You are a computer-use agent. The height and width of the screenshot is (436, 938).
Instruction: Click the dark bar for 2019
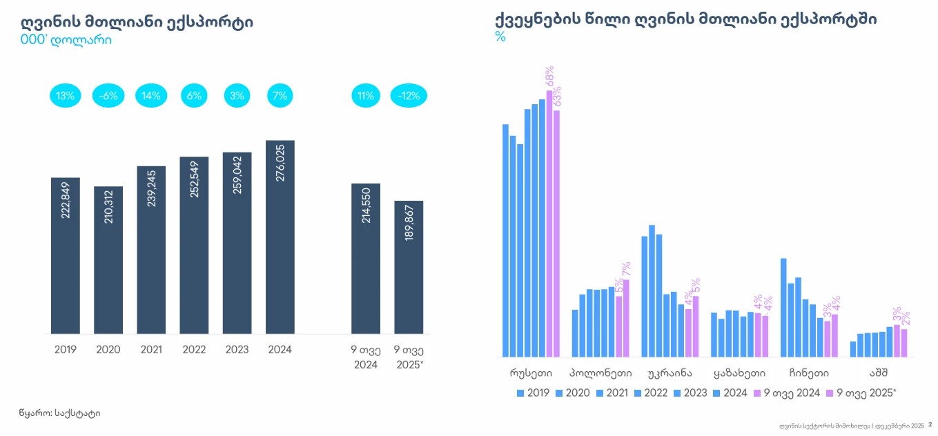coord(66,255)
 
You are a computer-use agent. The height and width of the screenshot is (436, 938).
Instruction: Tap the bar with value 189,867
coord(409,267)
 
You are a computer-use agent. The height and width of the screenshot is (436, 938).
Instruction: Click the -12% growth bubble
coord(409,96)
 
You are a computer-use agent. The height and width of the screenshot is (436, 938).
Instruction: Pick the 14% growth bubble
coord(151,96)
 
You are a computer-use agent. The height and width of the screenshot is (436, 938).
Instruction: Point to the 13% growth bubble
coord(66,96)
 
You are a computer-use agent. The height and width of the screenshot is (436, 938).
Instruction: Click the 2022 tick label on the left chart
coord(194,350)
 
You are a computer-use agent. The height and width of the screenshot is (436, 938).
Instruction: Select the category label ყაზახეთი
coord(739,373)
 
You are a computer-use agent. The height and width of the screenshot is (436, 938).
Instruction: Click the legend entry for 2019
coord(532,393)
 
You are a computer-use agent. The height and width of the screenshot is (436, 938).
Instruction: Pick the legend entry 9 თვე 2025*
coord(862,393)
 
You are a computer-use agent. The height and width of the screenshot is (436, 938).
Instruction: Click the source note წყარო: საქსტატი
coord(59,413)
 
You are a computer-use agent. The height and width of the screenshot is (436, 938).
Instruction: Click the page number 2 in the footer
coord(930,425)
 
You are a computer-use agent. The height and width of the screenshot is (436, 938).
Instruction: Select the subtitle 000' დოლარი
coord(66,40)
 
